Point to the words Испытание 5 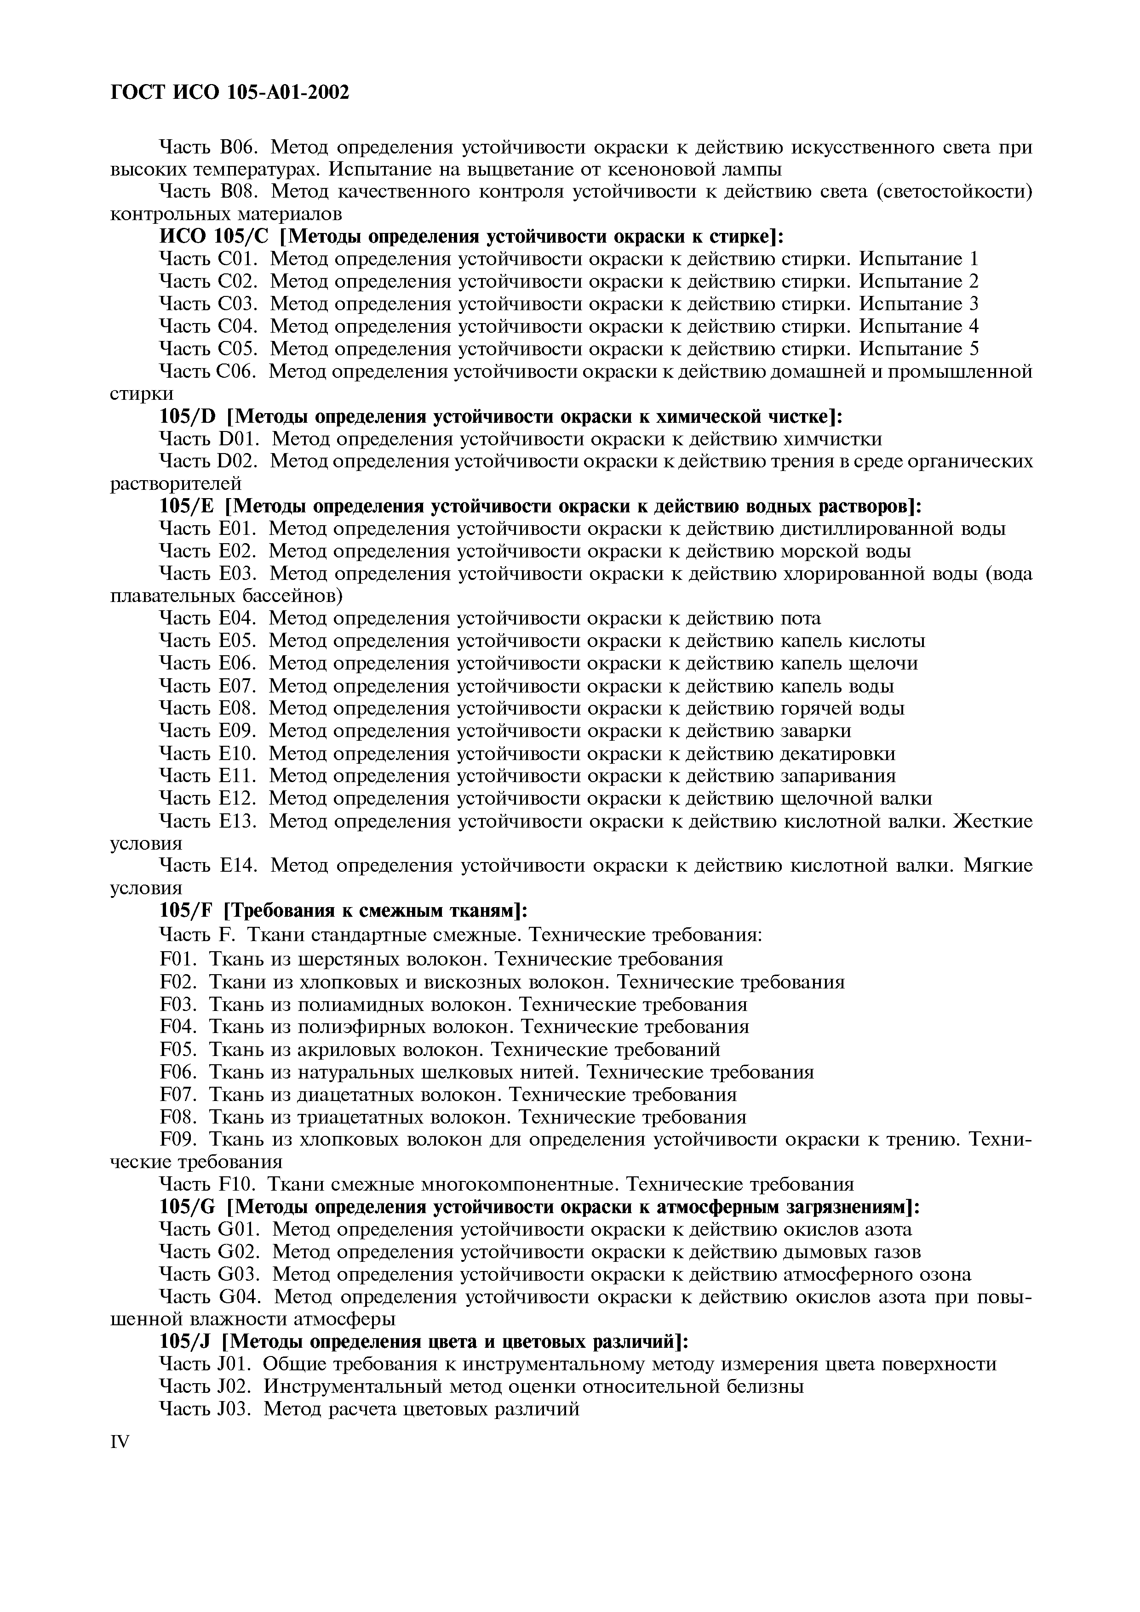click(919, 349)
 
